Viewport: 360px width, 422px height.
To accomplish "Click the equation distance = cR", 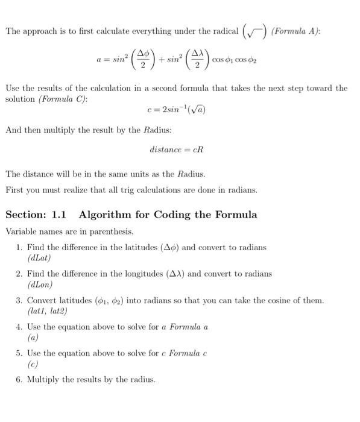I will (x=179, y=149).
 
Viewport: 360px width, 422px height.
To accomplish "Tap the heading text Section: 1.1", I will (x=36, y=215).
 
